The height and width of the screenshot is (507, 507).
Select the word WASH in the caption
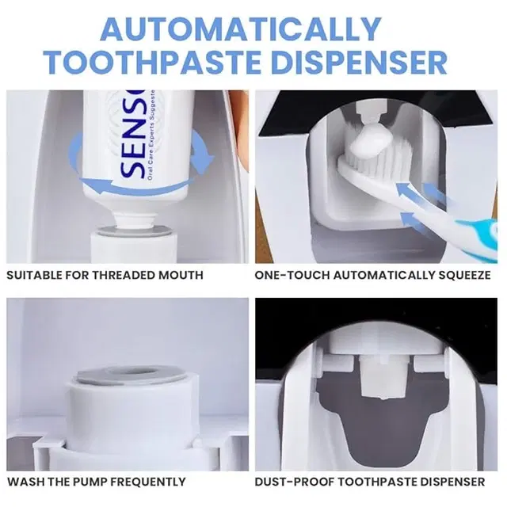tap(24, 481)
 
